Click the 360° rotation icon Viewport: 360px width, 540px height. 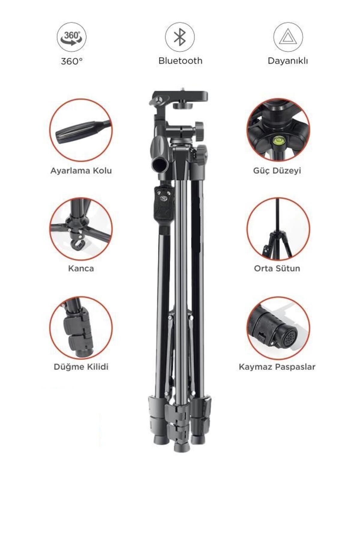click(x=71, y=37)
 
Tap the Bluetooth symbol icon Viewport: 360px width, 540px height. click(x=180, y=37)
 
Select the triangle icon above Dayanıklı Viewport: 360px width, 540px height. click(x=288, y=37)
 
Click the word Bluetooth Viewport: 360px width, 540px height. click(x=180, y=61)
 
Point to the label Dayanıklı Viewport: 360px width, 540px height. click(x=288, y=61)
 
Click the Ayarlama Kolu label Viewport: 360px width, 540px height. click(x=81, y=171)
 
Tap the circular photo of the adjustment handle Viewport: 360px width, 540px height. click(x=81, y=130)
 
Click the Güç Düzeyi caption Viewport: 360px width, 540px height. click(x=277, y=171)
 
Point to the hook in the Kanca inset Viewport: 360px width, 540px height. click(x=78, y=244)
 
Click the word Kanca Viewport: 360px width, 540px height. click(x=81, y=268)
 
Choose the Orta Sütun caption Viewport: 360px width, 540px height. click(x=277, y=268)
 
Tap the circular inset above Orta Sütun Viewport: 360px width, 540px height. click(x=278, y=229)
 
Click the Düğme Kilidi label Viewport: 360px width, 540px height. click(x=81, y=367)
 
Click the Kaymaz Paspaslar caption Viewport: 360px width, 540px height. click(x=277, y=367)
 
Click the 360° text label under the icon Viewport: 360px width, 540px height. click(x=72, y=61)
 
